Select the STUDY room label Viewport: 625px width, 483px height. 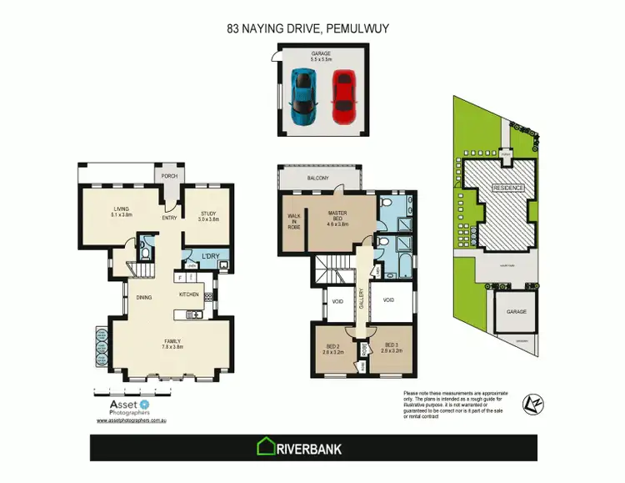pos(208,216)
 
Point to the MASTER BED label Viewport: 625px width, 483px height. pos(337,219)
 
